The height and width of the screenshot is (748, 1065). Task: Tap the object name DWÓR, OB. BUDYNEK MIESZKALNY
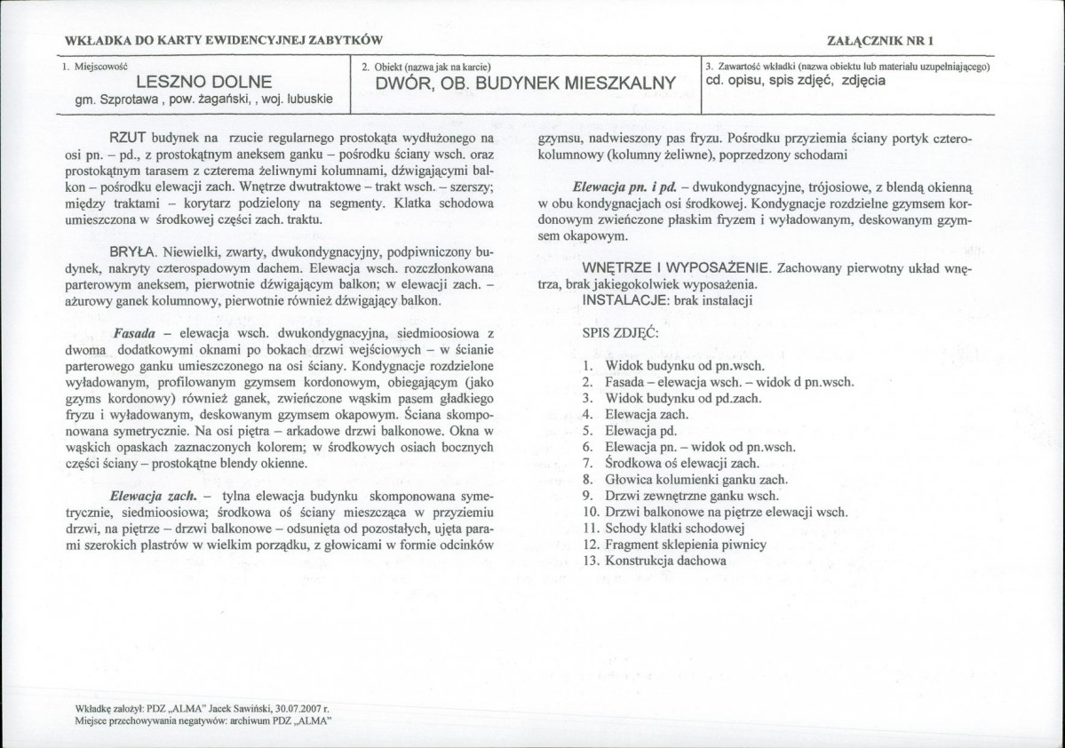click(x=526, y=83)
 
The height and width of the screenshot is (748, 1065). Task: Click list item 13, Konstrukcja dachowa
click(x=666, y=561)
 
